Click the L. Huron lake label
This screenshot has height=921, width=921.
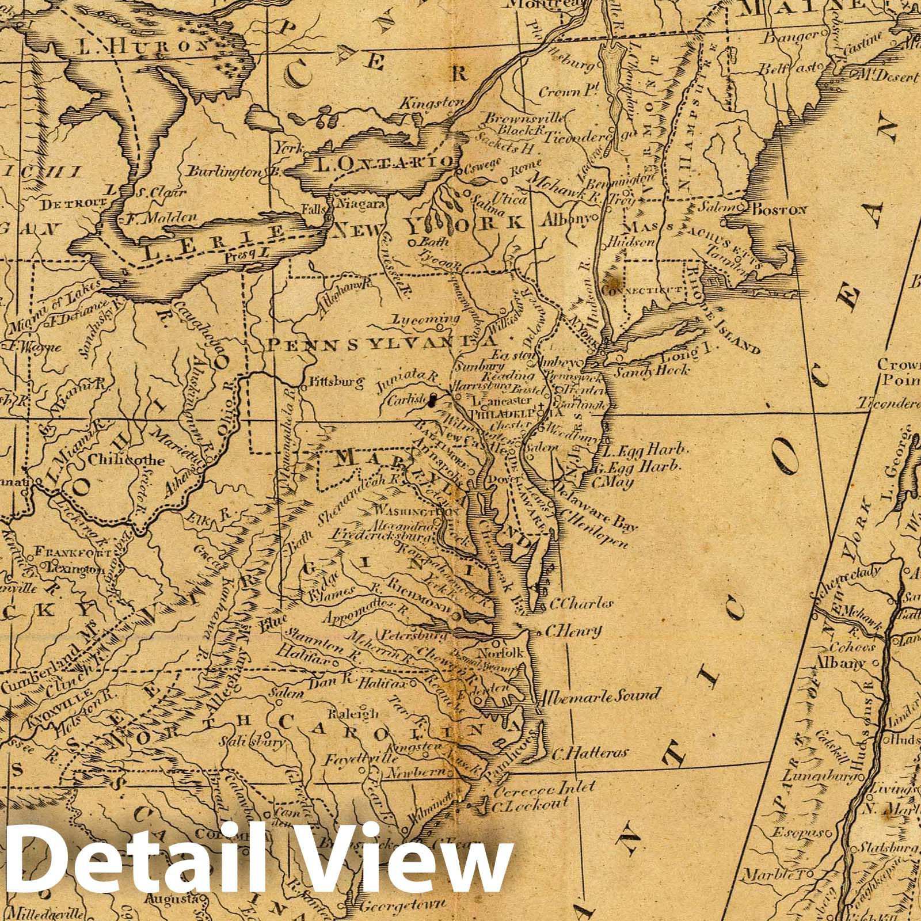click(x=143, y=47)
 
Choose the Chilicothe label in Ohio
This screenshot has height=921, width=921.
click(x=127, y=461)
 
